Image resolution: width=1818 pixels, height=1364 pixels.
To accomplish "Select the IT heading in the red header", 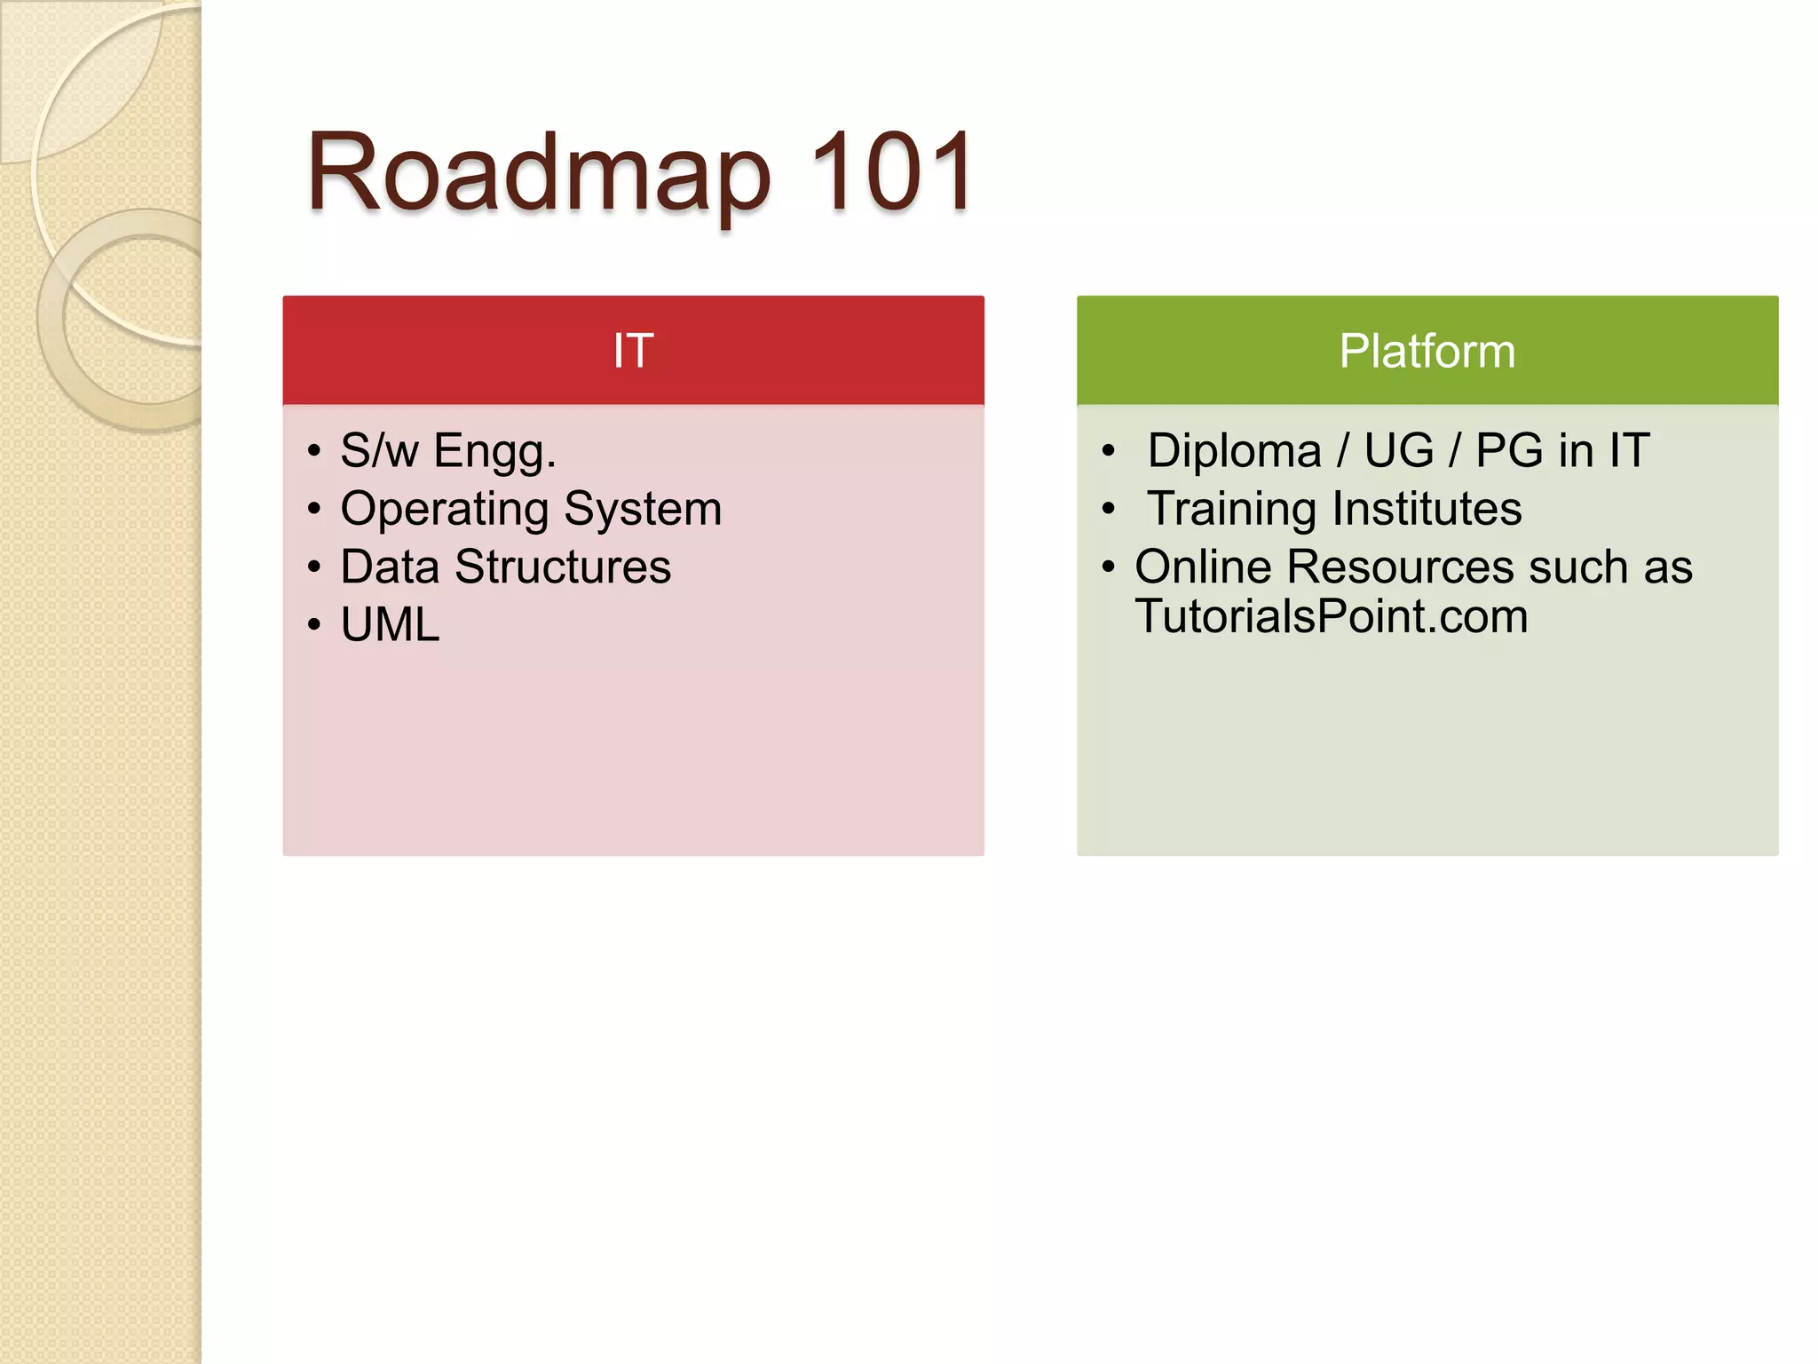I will (633, 351).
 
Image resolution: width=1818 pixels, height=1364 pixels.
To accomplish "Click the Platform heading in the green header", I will (1427, 351).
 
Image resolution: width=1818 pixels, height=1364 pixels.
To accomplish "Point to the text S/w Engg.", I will (448, 451).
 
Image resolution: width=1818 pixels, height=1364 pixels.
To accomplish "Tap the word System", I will (643, 510).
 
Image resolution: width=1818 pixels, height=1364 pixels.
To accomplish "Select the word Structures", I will (563, 567).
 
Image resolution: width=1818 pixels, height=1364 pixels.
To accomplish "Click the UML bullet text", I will (390, 625).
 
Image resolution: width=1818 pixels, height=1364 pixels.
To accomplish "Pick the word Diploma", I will (1234, 451).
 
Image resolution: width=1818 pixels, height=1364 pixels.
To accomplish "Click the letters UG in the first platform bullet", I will (1398, 451).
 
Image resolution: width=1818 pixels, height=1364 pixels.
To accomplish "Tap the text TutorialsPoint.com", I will (1332, 617).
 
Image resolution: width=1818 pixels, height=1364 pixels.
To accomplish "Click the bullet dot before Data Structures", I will (313, 567).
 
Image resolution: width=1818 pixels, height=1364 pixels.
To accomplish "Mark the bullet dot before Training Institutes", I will (1107, 510).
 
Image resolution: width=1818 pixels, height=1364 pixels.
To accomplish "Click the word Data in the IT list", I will (390, 567).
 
